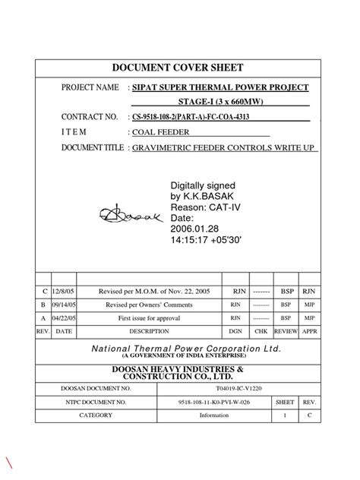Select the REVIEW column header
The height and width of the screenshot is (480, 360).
tap(286, 332)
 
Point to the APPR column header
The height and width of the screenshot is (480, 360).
tap(310, 332)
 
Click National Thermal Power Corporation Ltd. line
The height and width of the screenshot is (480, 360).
tap(185, 349)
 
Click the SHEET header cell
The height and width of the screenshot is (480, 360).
tap(285, 402)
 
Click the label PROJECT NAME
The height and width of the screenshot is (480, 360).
tap(90, 88)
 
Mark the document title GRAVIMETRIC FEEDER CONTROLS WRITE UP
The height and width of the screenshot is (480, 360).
tap(224, 147)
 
